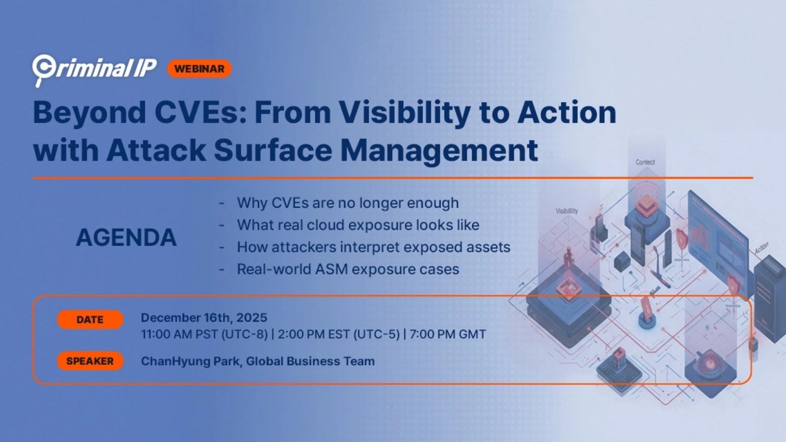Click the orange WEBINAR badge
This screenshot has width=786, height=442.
point(199,69)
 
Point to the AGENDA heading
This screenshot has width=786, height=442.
point(126,238)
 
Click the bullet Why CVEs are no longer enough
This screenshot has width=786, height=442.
point(348,203)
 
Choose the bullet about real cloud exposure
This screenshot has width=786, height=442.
point(358,225)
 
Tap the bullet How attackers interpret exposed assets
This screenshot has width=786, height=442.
point(373,247)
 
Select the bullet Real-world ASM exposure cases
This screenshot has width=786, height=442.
point(348,269)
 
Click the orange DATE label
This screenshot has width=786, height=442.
point(90,320)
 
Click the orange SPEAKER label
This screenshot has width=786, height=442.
point(90,361)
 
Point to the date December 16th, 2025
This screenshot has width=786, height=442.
point(204,318)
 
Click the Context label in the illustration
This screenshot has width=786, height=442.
point(645,162)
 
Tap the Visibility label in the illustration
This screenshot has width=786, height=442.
point(566,211)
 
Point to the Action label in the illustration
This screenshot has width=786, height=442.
point(761,248)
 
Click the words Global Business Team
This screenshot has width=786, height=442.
point(310,361)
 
